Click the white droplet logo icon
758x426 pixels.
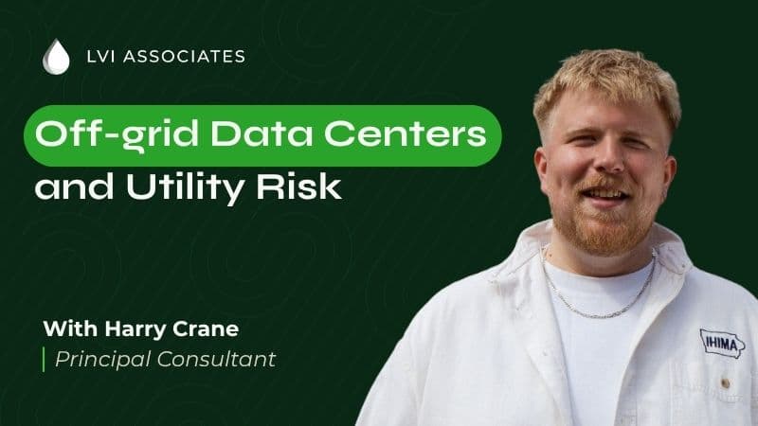point(56,56)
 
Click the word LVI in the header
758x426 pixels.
point(99,57)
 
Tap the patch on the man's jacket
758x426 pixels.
point(722,343)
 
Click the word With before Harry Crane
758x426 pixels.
point(65,330)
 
